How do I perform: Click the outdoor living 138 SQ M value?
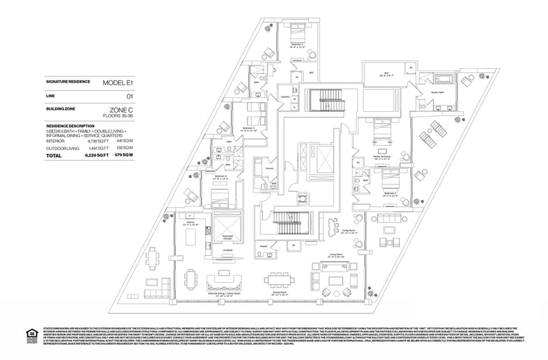(x=124, y=149)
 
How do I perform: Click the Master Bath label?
(x=438, y=90)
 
